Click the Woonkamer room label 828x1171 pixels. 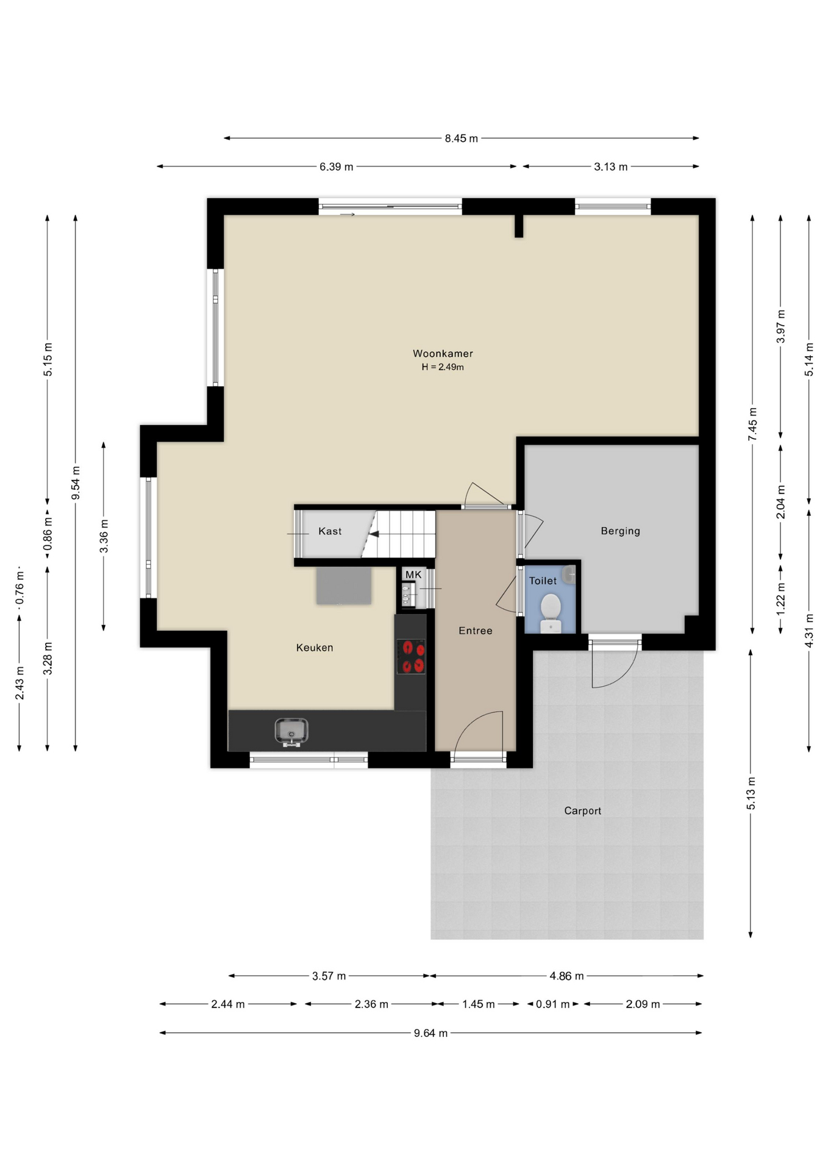443,353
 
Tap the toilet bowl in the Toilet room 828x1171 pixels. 551,613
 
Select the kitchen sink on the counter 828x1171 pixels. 291,731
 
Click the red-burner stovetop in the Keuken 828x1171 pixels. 412,656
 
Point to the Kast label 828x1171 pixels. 330,531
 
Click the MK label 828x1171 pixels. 413,575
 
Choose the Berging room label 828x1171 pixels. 620,531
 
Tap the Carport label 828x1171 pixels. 582,811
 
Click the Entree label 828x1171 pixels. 475,631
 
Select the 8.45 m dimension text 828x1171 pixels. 461,138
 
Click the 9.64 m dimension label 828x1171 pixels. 430,1033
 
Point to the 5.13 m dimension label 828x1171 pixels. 751,793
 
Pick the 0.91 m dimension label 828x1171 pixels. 552,1004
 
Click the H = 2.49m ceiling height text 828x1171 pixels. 443,367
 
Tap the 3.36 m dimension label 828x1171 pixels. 104,536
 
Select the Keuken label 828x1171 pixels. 315,648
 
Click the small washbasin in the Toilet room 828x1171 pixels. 569,574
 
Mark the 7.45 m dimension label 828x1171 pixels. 753,424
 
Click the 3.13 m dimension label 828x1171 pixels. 610,167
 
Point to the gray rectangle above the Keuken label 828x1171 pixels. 344,585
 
